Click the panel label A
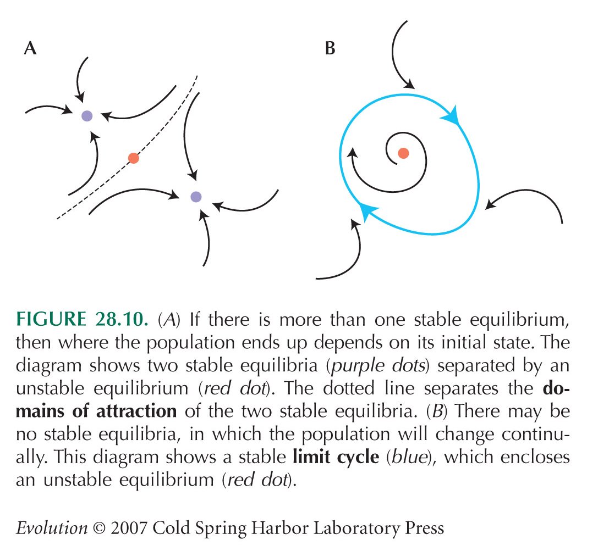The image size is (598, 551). (x=30, y=48)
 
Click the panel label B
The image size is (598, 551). (x=330, y=48)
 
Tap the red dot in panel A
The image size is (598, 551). (x=134, y=158)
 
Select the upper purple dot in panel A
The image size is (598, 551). (x=87, y=116)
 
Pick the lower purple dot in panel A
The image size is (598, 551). (x=196, y=197)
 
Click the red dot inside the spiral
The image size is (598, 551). (x=403, y=153)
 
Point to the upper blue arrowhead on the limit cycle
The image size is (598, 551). (x=450, y=115)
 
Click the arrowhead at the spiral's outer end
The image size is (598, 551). (x=352, y=153)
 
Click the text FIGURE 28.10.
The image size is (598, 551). (x=81, y=319)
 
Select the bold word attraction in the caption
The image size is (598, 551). (x=136, y=411)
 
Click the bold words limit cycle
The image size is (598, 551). (x=336, y=457)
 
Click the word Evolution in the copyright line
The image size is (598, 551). (x=52, y=528)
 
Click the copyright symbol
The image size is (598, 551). (x=99, y=528)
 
